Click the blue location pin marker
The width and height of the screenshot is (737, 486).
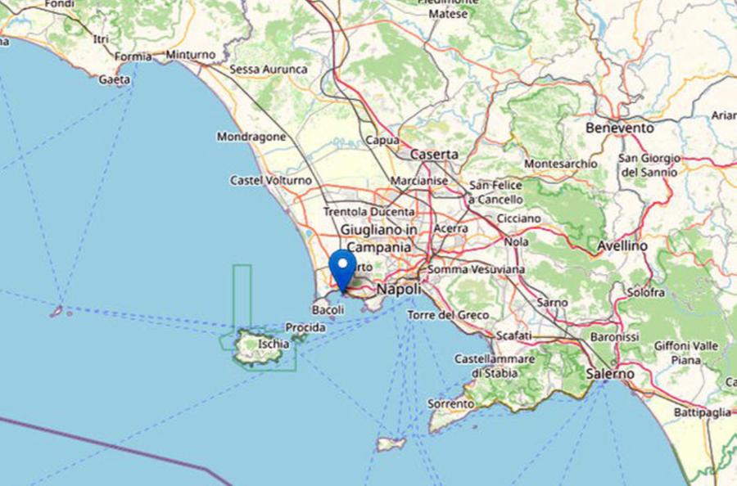(342, 268)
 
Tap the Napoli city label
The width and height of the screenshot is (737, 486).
(399, 290)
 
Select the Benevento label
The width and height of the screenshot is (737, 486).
(620, 128)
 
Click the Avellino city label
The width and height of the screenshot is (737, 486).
(622, 245)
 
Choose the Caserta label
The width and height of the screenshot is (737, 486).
(434, 154)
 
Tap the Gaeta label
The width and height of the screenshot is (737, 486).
(114, 79)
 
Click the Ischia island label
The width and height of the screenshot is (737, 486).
(274, 344)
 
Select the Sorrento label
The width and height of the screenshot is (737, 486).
(450, 403)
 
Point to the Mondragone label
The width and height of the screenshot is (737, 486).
(251, 137)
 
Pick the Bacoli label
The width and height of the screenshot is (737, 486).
(328, 310)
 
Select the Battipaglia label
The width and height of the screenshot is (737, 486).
(703, 412)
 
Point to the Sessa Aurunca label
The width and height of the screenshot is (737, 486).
(269, 70)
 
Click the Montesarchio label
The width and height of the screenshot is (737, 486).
(561, 164)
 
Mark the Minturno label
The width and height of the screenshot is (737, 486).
(191, 55)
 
